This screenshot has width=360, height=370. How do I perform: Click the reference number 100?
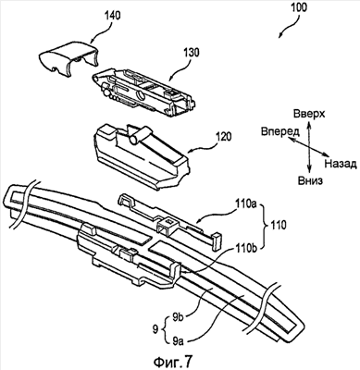(298, 7)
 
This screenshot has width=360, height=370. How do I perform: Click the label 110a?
(246, 204)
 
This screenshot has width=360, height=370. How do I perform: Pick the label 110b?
(246, 247)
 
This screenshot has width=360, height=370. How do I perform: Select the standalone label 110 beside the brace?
(278, 225)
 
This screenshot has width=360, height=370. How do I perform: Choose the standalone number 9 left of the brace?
(155, 329)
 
